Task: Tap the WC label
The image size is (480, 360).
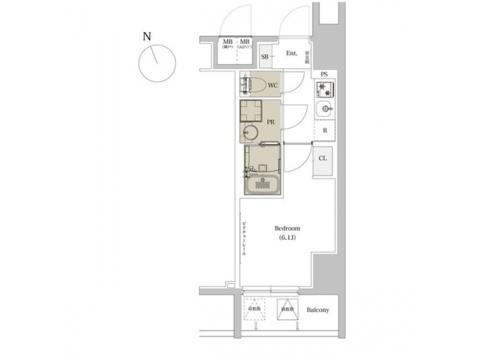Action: tap(273, 85)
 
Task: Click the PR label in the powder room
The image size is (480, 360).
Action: tap(271, 123)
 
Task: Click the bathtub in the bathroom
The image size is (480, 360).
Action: tap(261, 184)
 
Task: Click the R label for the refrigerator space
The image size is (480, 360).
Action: tap(325, 131)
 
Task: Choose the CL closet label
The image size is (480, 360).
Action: tap(323, 158)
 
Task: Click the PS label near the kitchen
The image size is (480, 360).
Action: tap(324, 73)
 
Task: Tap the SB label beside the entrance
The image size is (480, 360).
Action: tap(265, 57)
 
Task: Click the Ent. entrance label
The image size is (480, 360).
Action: tap(291, 53)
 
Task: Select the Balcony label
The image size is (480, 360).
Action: tap(318, 311)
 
